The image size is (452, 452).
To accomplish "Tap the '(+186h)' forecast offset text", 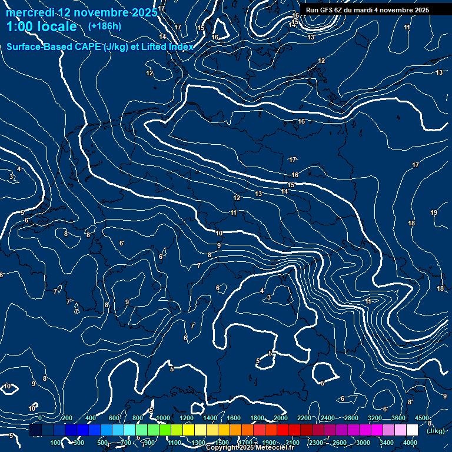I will [x=104, y=26].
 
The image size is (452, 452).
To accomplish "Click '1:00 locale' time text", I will [x=42, y=26].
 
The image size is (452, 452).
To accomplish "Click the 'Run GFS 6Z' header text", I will [x=324, y=10].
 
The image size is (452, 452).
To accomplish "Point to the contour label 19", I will [x=434, y=212].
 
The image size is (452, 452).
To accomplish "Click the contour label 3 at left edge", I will [x=11, y=177].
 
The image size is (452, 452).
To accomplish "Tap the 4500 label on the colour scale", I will [x=422, y=418].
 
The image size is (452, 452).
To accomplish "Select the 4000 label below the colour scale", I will [x=411, y=443].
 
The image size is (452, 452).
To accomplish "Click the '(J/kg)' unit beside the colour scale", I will [x=436, y=431].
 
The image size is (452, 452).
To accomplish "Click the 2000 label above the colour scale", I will [x=281, y=418].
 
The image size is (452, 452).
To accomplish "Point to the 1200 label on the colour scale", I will [x=187, y=418].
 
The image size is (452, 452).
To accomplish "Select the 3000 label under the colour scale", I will [x=363, y=443].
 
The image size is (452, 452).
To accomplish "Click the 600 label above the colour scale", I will [x=114, y=418].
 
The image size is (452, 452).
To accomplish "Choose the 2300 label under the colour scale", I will [x=316, y=443].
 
